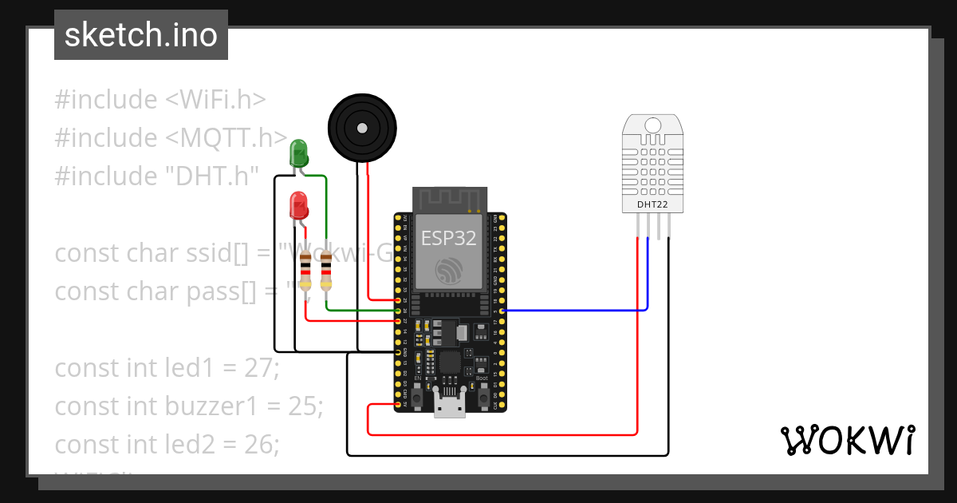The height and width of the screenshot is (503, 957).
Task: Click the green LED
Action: coord(299,152)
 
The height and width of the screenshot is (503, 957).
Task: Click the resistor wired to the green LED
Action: coord(326,271)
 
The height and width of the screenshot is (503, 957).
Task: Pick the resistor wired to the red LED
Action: coord(305,271)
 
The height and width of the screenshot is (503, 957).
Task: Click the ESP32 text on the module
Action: coord(449,238)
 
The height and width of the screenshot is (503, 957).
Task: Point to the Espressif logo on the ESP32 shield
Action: coord(449,270)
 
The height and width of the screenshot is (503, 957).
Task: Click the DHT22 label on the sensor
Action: coord(652,204)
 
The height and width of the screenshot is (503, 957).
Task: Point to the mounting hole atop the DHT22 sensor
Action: coord(652,125)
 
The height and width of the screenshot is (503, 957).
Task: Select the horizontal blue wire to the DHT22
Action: coord(574,310)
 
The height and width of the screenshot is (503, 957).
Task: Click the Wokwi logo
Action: coord(847,440)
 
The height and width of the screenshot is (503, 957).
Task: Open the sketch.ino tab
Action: coord(141,35)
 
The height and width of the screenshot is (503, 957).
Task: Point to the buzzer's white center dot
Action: coord(363,127)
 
